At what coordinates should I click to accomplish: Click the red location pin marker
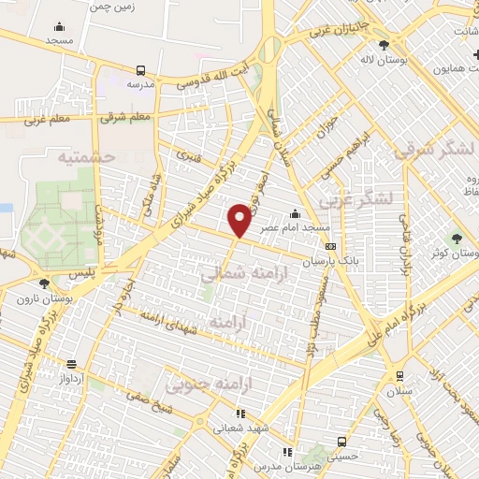pos(239,219)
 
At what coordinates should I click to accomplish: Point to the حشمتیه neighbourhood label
pos(86,158)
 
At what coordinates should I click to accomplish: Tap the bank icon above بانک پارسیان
pos(330,245)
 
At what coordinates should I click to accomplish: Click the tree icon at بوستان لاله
pos(384,45)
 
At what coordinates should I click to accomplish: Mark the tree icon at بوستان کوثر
pos(456,239)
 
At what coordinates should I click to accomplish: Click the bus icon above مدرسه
pos(140,70)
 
